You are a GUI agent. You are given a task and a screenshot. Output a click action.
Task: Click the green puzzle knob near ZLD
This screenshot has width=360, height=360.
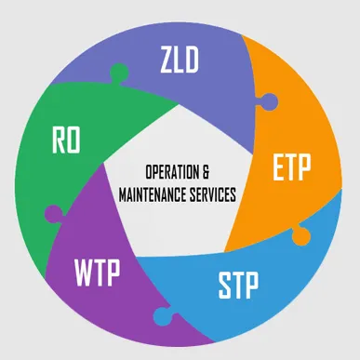[x=118, y=73]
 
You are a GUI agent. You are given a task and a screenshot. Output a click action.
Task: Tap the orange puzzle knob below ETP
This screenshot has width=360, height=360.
[x=300, y=236]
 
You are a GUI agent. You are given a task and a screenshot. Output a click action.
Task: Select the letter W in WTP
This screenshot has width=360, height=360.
[x=81, y=273]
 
